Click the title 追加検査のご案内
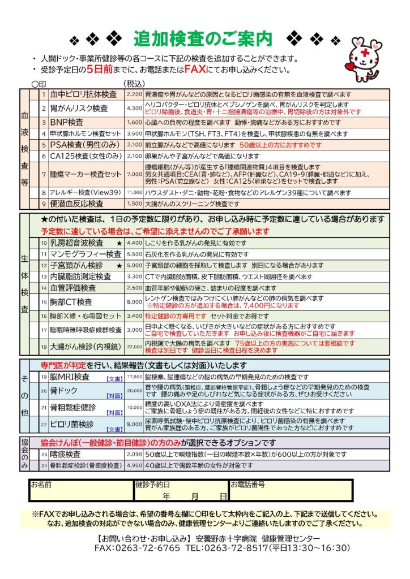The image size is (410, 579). click(203, 38)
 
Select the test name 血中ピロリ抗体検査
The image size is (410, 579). click(83, 94)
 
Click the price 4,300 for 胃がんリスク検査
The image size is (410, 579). click(135, 108)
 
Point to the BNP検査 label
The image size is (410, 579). click(67, 122)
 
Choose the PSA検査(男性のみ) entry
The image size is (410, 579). click(83, 145)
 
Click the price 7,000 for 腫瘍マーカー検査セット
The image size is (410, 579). click(135, 174)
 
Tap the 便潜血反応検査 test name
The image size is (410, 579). click(77, 204)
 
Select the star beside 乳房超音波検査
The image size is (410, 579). click(119, 243)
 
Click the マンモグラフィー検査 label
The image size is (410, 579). click(86, 254)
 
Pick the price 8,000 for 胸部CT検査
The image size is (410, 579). click(135, 302)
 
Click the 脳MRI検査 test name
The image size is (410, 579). click(70, 377)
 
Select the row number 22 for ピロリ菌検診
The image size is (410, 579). click(43, 424)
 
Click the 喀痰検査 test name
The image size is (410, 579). click(66, 454)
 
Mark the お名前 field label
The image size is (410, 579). click(41, 485)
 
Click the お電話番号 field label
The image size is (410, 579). click(248, 485)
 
